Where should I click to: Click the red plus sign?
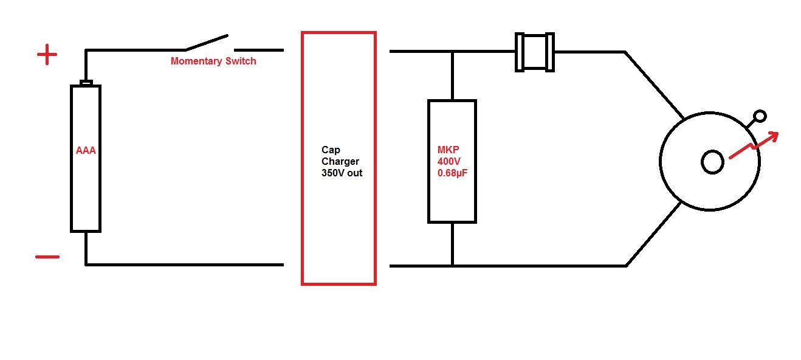point(47,56)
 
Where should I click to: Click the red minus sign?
point(47,257)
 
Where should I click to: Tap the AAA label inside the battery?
point(86,151)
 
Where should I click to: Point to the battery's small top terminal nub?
point(86,83)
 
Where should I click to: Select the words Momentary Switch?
point(213,61)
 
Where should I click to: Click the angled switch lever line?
point(207,43)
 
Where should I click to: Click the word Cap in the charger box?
point(331,150)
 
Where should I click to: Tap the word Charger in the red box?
point(340,161)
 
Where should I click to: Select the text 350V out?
point(342,173)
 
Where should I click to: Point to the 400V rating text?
point(449,162)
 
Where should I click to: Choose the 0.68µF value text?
point(453,173)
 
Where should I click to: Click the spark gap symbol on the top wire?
point(535,52)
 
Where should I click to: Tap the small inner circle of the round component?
point(712,162)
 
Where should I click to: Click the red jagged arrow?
point(752,146)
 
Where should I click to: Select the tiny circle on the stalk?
point(759,116)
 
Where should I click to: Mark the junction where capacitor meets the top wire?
point(452,52)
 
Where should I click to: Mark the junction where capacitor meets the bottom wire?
point(452,265)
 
